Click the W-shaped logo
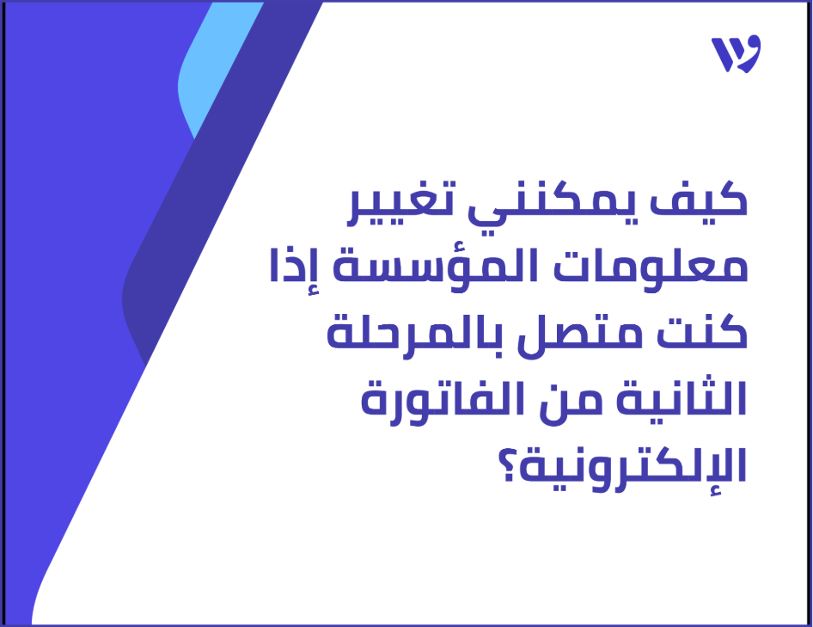(x=736, y=55)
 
